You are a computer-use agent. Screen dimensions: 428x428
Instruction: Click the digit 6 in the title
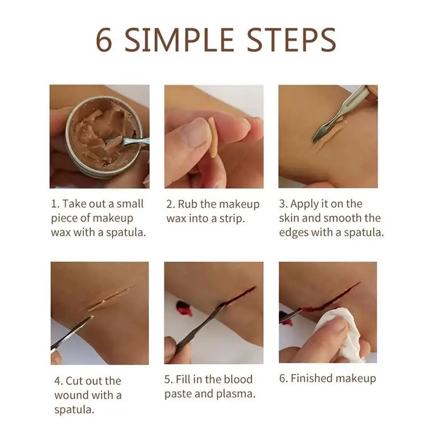click(104, 40)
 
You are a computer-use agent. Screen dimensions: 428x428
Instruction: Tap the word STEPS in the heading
click(292, 40)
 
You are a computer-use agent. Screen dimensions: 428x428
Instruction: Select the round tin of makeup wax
click(104, 137)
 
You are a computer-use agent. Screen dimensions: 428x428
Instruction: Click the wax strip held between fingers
click(213, 137)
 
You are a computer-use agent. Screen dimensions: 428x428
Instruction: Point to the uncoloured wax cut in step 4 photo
click(109, 299)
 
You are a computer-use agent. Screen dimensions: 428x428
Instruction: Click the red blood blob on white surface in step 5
click(183, 309)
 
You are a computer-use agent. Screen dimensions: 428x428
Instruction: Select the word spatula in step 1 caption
click(126, 233)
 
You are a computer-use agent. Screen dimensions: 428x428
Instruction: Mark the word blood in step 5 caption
click(238, 379)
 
